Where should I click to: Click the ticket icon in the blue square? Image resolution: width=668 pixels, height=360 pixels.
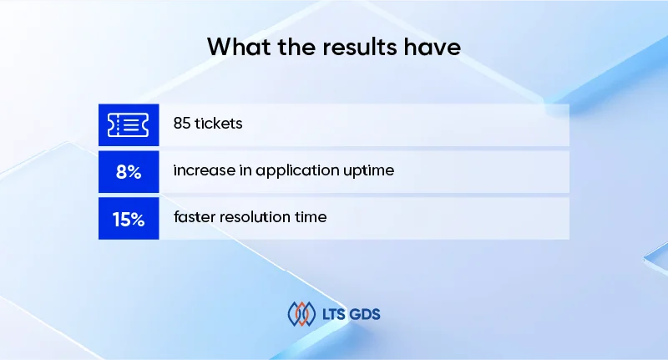point(128,124)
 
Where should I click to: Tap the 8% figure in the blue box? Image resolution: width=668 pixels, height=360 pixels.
point(128,171)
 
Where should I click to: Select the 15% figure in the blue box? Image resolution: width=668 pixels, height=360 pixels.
point(128,219)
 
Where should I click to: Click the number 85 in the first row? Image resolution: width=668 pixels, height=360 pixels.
point(183,124)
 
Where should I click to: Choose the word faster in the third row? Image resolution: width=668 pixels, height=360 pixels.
point(194,218)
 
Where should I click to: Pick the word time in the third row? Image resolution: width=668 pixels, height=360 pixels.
point(311,218)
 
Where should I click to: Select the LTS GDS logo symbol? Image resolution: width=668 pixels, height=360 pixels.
point(301,314)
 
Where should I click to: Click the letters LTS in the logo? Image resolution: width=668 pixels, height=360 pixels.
point(335,314)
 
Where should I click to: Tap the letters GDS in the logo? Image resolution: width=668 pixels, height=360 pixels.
point(367,314)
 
